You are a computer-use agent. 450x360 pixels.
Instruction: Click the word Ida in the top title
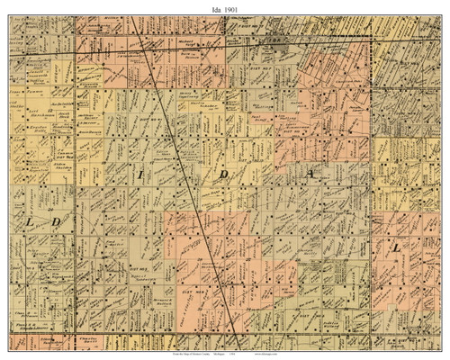(x=212, y=7)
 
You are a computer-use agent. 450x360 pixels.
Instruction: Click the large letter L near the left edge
(x=30, y=221)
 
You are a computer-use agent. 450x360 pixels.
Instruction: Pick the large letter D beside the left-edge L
(x=55, y=221)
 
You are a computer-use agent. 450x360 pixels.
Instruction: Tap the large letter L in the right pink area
(x=397, y=247)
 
